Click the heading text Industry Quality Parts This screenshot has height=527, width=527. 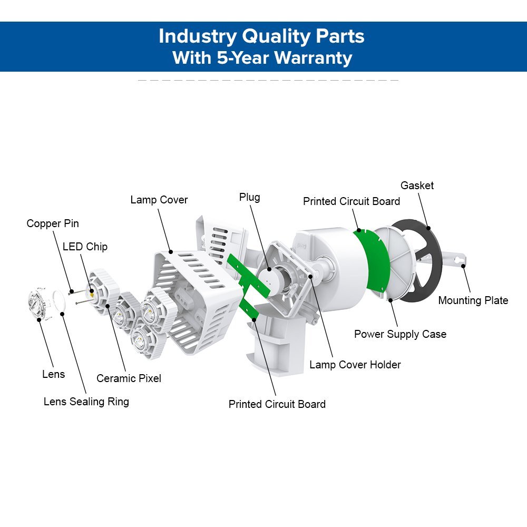coord(261,36)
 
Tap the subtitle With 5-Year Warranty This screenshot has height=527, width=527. coord(261,57)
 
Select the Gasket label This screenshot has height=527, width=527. coord(417,186)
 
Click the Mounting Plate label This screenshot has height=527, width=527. coord(473,300)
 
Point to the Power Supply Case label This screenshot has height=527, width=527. coord(400,334)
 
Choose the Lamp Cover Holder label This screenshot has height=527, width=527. coord(355,365)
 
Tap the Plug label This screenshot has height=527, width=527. coord(249,197)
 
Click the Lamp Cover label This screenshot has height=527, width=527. coord(159,200)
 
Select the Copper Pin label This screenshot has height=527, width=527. coord(53,223)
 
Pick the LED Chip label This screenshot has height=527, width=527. coord(85,247)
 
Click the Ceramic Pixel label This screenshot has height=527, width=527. coord(129,378)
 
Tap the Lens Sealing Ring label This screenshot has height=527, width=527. coord(86,402)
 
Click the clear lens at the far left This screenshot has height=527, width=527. coord(38,304)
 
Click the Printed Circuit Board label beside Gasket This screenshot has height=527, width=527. coord(351,201)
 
